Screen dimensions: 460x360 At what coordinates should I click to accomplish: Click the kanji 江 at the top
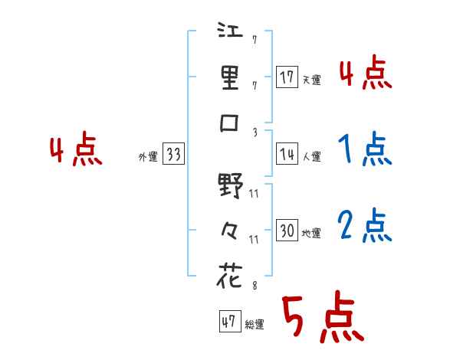(x=230, y=33)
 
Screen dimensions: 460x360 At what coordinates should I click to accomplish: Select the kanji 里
(x=230, y=78)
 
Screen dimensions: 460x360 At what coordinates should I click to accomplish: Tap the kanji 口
(x=230, y=124)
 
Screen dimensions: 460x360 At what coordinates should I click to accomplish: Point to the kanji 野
(x=230, y=185)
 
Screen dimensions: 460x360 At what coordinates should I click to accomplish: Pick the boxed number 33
(x=173, y=155)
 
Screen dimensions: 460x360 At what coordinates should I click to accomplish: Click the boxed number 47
(x=228, y=322)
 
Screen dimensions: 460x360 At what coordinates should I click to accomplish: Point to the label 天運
(x=311, y=80)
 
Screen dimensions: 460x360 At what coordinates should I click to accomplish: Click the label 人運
(x=311, y=156)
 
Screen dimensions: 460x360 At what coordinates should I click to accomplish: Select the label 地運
(x=311, y=233)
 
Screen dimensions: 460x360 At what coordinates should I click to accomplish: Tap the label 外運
(x=147, y=157)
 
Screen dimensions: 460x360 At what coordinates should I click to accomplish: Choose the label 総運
(x=255, y=325)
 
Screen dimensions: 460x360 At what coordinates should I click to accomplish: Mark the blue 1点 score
(x=365, y=149)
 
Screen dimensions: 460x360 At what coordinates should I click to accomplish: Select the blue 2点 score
(x=365, y=226)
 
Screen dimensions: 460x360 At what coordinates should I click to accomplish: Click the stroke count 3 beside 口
(x=255, y=132)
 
